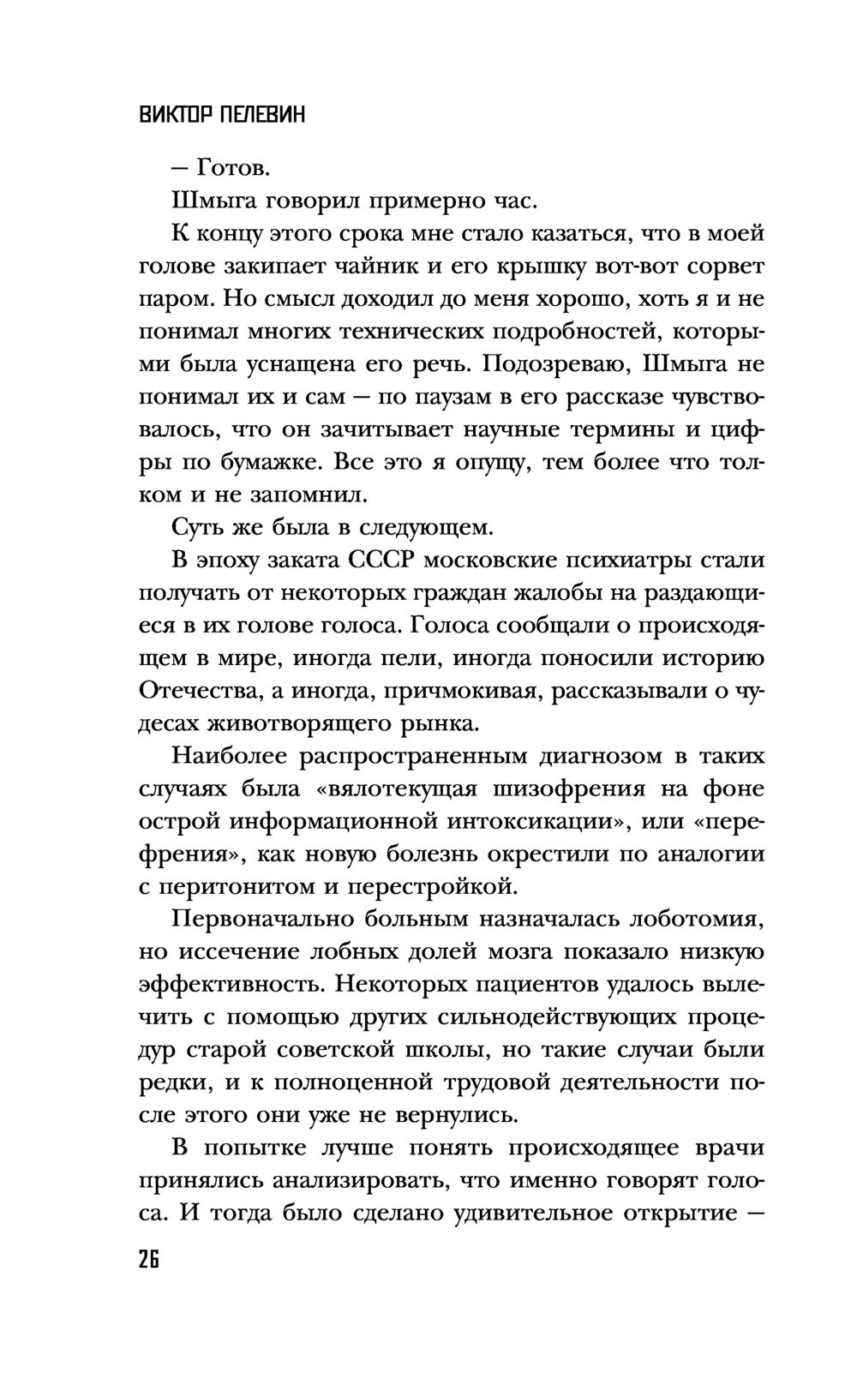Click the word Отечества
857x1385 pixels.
(x=198, y=691)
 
